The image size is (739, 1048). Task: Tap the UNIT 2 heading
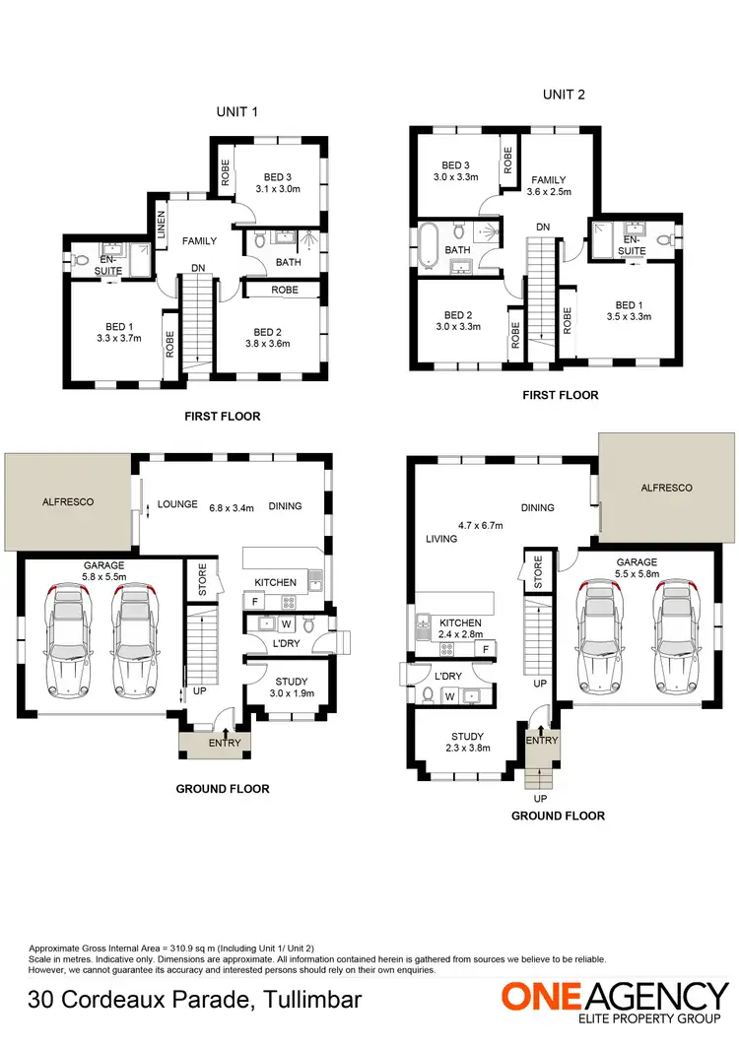566,95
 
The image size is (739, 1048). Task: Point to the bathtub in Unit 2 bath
429,245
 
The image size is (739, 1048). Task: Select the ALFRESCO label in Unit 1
69,501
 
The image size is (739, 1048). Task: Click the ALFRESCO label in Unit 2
666,488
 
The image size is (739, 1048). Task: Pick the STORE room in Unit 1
202,580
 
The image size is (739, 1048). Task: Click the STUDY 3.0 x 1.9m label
290,688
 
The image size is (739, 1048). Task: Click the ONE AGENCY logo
615,998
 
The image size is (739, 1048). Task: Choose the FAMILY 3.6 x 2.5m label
548,186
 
